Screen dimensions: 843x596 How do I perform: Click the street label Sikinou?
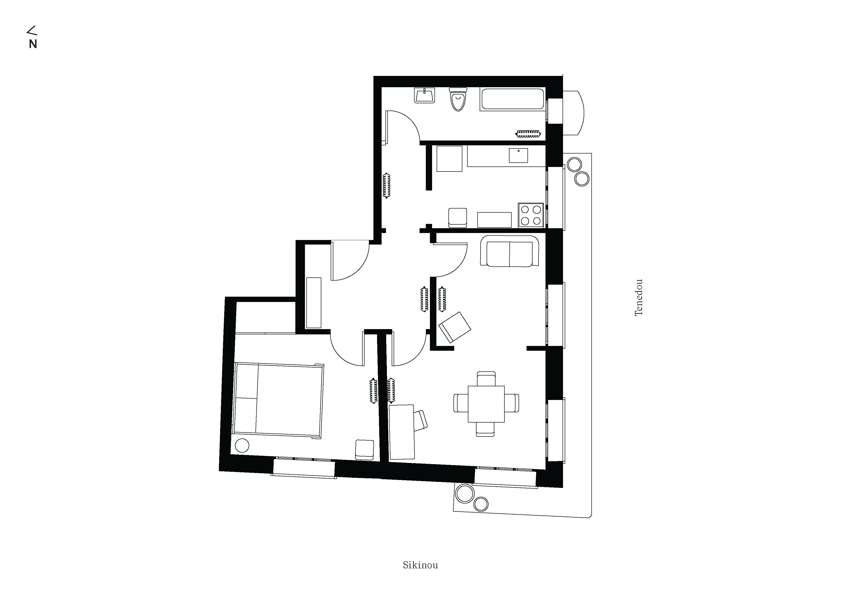(x=420, y=565)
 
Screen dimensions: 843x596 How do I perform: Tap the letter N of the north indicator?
(x=33, y=44)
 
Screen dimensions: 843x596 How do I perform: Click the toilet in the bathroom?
(x=458, y=99)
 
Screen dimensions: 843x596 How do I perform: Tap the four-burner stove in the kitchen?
(x=531, y=215)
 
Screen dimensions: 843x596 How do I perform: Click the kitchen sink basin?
(x=518, y=155)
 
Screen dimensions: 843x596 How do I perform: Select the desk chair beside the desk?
(x=421, y=420)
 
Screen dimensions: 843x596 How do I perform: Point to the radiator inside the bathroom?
(x=528, y=134)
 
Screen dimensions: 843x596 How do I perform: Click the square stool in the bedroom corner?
(x=365, y=449)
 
